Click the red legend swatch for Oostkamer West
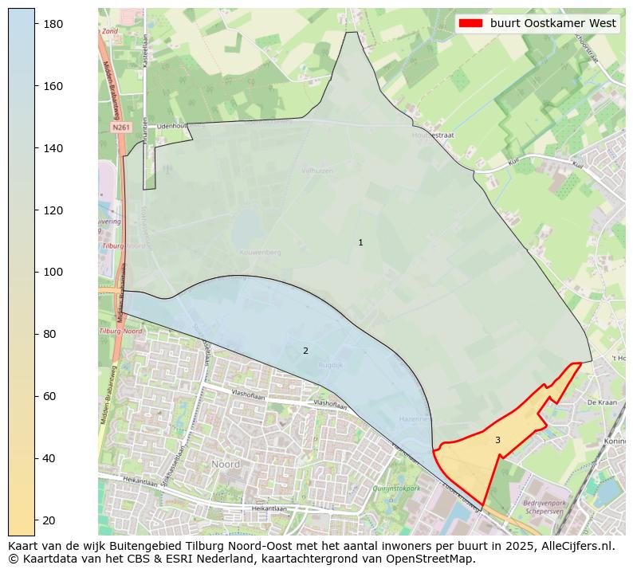471,24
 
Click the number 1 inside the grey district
360,242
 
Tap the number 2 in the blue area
305,351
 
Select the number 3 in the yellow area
497,440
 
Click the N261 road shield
120,128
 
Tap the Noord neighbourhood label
226,464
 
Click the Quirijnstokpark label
395,489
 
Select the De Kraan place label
602,403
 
